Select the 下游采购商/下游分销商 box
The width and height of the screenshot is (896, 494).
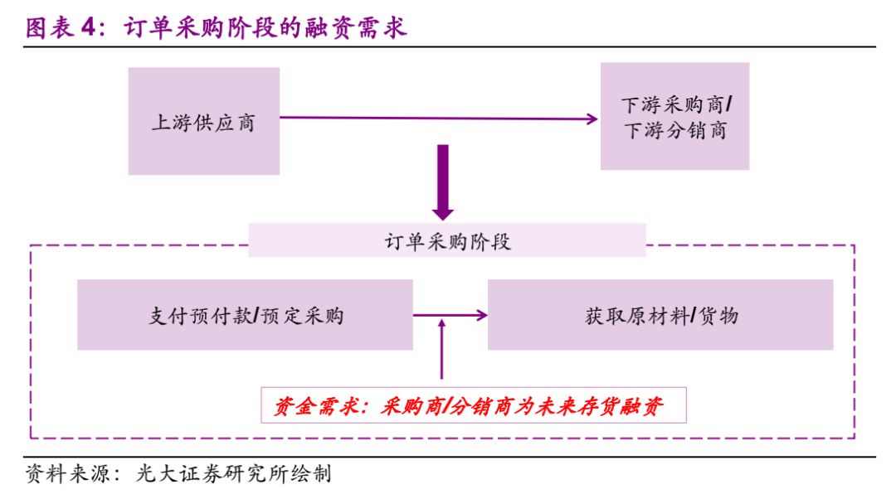pyautogui.click(x=674, y=116)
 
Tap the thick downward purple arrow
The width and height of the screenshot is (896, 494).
pyautogui.click(x=443, y=182)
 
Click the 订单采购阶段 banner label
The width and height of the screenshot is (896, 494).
pyautogui.click(x=446, y=241)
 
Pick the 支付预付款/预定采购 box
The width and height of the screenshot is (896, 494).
pyautogui.click(x=245, y=315)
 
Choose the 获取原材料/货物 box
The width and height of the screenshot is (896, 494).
pyautogui.click(x=660, y=315)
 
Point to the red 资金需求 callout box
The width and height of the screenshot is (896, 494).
pyautogui.click(x=474, y=405)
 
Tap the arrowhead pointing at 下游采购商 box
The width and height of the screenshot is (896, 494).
pyautogui.click(x=592, y=119)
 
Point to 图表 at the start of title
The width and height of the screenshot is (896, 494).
pyautogui.click(x=47, y=28)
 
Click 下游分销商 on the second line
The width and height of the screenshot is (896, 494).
pyautogui.click(x=674, y=131)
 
